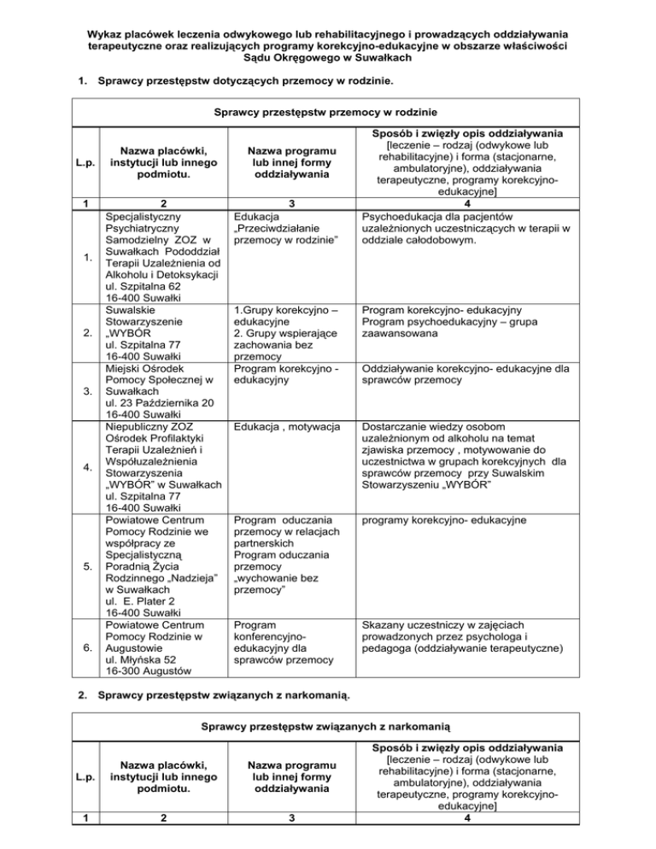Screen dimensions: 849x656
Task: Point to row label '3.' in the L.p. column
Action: click(x=79, y=366)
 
